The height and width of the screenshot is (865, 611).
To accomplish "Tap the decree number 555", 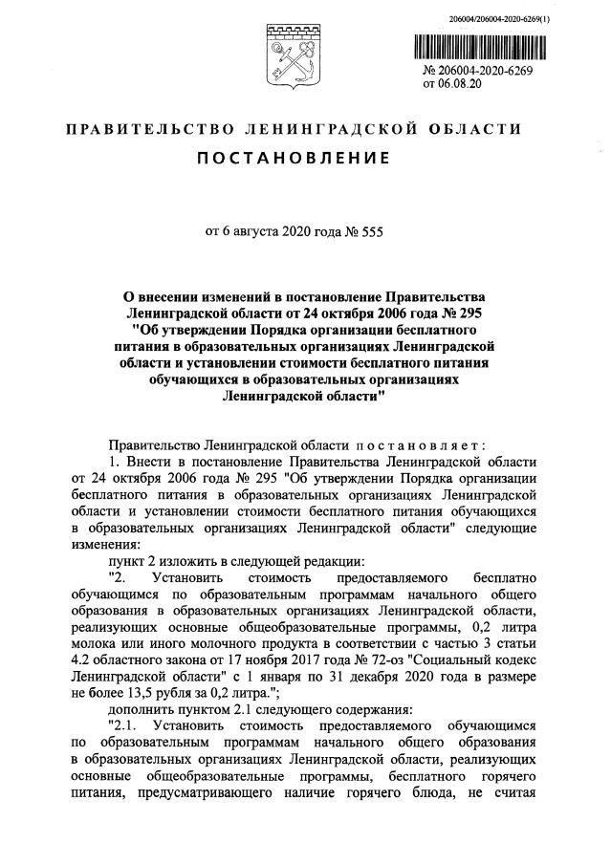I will (x=368, y=228).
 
